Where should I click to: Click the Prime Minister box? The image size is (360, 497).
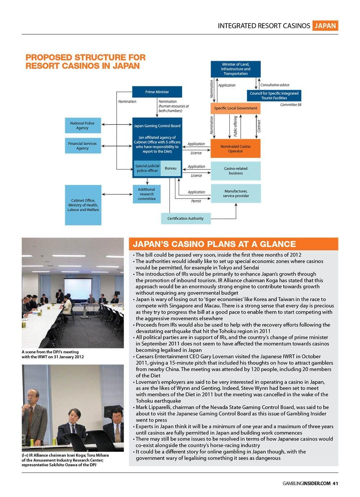(157, 92)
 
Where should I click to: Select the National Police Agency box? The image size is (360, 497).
(82, 126)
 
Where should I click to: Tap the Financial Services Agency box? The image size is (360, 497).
(82, 146)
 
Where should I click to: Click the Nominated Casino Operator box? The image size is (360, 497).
(235, 149)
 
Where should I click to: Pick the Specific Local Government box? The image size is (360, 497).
(235, 108)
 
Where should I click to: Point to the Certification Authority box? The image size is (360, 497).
(185, 218)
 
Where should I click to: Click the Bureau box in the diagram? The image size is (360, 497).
(171, 168)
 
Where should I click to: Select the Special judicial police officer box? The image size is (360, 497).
(147, 168)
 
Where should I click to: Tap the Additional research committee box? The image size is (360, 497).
(147, 194)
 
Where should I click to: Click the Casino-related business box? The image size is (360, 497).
(235, 171)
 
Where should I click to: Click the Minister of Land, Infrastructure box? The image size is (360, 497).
(235, 69)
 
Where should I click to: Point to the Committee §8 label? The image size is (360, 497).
(291, 105)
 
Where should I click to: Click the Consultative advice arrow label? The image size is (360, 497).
(275, 85)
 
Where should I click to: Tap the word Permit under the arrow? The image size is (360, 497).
(196, 201)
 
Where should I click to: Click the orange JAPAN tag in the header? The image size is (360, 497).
(325, 26)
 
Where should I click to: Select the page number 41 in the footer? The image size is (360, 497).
(335, 483)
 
